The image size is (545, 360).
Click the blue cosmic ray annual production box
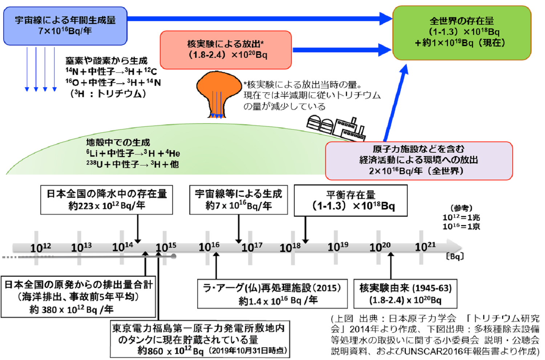pyautogui.click(x=65, y=26)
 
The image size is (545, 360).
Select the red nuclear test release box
pyautogui.click(x=226, y=50)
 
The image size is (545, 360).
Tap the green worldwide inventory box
pyautogui.click(x=461, y=33)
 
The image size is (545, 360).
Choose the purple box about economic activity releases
pyautogui.click(x=419, y=160)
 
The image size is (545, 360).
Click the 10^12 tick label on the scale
pyautogui.click(x=40, y=248)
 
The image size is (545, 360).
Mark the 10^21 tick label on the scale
pyautogui.click(x=425, y=247)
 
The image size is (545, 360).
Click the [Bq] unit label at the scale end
pyautogui.click(x=455, y=256)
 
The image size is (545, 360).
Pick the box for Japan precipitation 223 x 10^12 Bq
pyautogui.click(x=106, y=200)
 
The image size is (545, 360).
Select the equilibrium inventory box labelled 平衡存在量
pyautogui.click(x=351, y=200)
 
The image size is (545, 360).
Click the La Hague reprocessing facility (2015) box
pyautogui.click(x=272, y=294)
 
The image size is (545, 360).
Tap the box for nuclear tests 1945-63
pyautogui.click(x=405, y=294)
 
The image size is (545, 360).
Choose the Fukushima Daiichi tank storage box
pyautogui.click(x=200, y=339)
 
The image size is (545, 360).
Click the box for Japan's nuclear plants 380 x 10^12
pyautogui.click(x=78, y=297)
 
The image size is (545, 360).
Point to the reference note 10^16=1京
pyautogui.click(x=461, y=227)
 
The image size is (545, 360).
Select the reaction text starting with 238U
pyautogui.click(x=133, y=164)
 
